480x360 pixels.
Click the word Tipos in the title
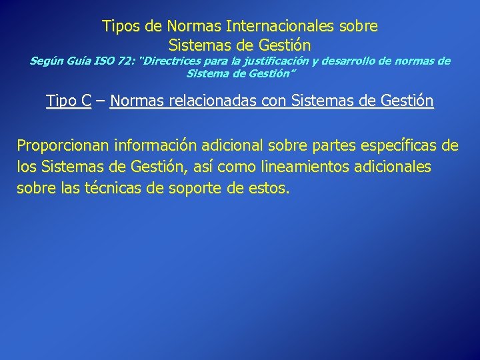(121, 27)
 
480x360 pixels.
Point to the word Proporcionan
(63, 145)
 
